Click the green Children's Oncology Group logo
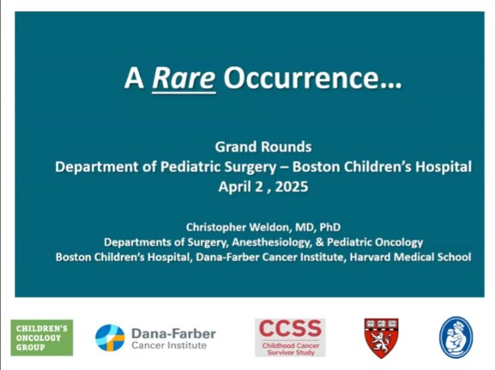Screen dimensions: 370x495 [x=41, y=337]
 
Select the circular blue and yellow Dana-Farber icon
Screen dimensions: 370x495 [x=110, y=337]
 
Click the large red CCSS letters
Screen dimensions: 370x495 [x=289, y=329]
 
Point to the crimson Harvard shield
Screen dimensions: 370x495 [x=381, y=337]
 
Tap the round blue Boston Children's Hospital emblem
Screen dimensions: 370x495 [x=455, y=337]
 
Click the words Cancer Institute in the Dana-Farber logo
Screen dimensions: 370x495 [x=168, y=345]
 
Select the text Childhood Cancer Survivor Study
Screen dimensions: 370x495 [x=289, y=348]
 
